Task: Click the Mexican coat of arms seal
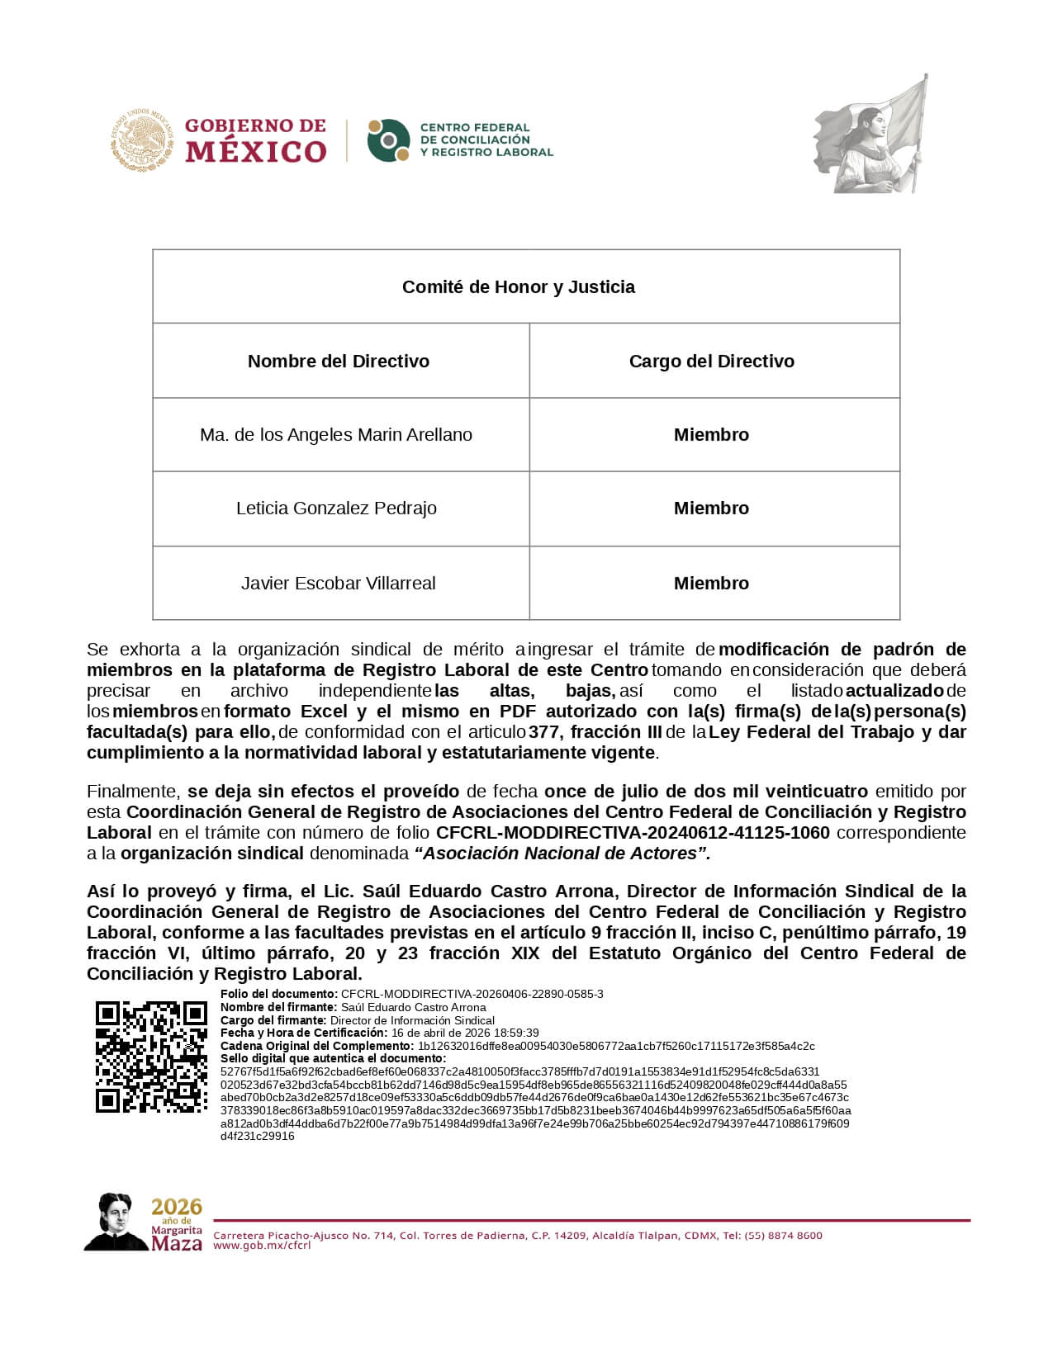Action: click(142, 140)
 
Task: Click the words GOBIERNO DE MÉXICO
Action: click(255, 140)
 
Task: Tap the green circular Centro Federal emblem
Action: click(388, 140)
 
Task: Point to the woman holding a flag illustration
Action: click(872, 136)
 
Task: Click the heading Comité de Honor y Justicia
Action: click(519, 287)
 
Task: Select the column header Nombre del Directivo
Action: click(339, 362)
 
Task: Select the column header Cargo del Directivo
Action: click(711, 362)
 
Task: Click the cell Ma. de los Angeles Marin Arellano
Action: click(336, 435)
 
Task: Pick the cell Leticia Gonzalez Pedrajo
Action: click(336, 508)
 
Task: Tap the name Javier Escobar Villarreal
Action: click(338, 584)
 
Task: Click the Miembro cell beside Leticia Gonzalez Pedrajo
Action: click(711, 508)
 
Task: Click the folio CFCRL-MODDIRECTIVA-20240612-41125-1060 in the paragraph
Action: click(633, 833)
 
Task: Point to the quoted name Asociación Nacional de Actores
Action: click(566, 854)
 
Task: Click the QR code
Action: click(151, 1057)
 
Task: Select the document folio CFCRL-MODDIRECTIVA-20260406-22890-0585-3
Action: click(472, 995)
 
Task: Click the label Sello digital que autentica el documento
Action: click(333, 1058)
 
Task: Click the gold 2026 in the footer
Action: click(177, 1207)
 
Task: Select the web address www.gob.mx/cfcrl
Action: click(262, 1246)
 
